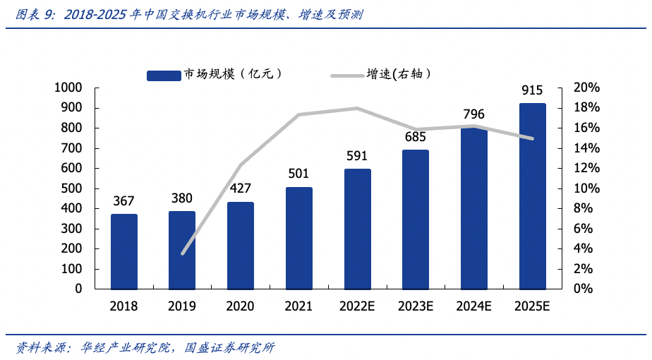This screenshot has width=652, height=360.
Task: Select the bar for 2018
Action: point(123,251)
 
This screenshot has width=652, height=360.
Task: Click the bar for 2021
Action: point(299,238)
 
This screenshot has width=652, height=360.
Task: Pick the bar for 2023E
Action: point(416,220)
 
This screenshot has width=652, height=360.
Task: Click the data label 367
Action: point(123,201)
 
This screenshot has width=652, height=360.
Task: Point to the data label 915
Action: point(532,90)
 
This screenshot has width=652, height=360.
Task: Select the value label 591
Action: point(358,156)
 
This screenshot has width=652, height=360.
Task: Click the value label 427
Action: point(240,189)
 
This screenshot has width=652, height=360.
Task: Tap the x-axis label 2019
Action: point(182,306)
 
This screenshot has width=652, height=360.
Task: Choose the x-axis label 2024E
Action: point(474,306)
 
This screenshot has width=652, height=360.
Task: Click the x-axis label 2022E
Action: point(358,306)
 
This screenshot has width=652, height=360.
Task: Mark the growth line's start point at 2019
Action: point(183,253)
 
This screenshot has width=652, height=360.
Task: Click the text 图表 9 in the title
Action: point(35,14)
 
